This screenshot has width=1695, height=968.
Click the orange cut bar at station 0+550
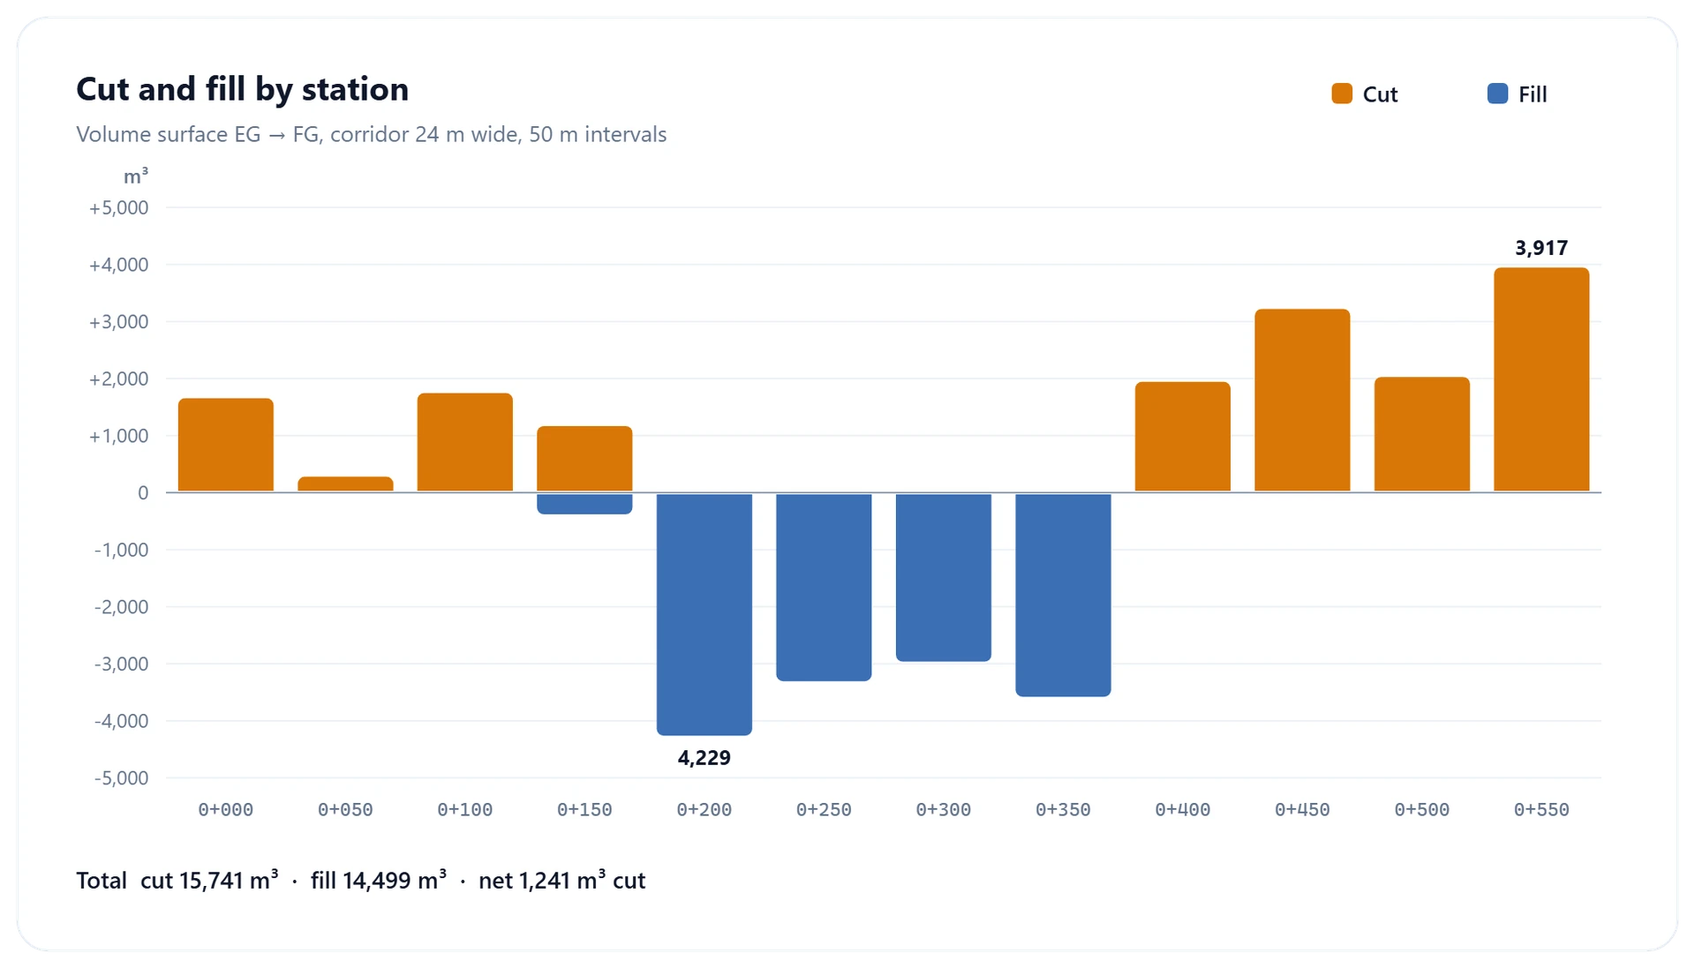1541,379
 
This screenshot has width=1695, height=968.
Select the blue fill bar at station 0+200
704,614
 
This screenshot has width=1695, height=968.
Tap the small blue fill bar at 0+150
584,504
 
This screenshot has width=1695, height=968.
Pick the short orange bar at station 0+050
345,484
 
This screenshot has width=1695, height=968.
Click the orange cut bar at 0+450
1302,400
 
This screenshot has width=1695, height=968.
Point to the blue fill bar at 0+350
1063,595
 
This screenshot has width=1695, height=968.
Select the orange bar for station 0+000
226,445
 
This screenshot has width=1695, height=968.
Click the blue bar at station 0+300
944,577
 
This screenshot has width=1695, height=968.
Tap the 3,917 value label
1541,248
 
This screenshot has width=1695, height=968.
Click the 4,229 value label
704,758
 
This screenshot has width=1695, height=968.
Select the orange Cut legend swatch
1342,94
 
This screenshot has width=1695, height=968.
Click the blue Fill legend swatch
1497,94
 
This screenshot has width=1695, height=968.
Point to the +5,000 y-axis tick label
118,208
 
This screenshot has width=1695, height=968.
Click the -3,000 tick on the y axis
121,664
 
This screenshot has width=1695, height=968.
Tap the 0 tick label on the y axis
143,493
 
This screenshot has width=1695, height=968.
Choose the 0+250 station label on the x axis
824,810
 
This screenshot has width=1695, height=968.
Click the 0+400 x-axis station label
1183,810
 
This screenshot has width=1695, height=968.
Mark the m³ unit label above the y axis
136,176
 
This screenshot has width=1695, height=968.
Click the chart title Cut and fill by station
243,89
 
